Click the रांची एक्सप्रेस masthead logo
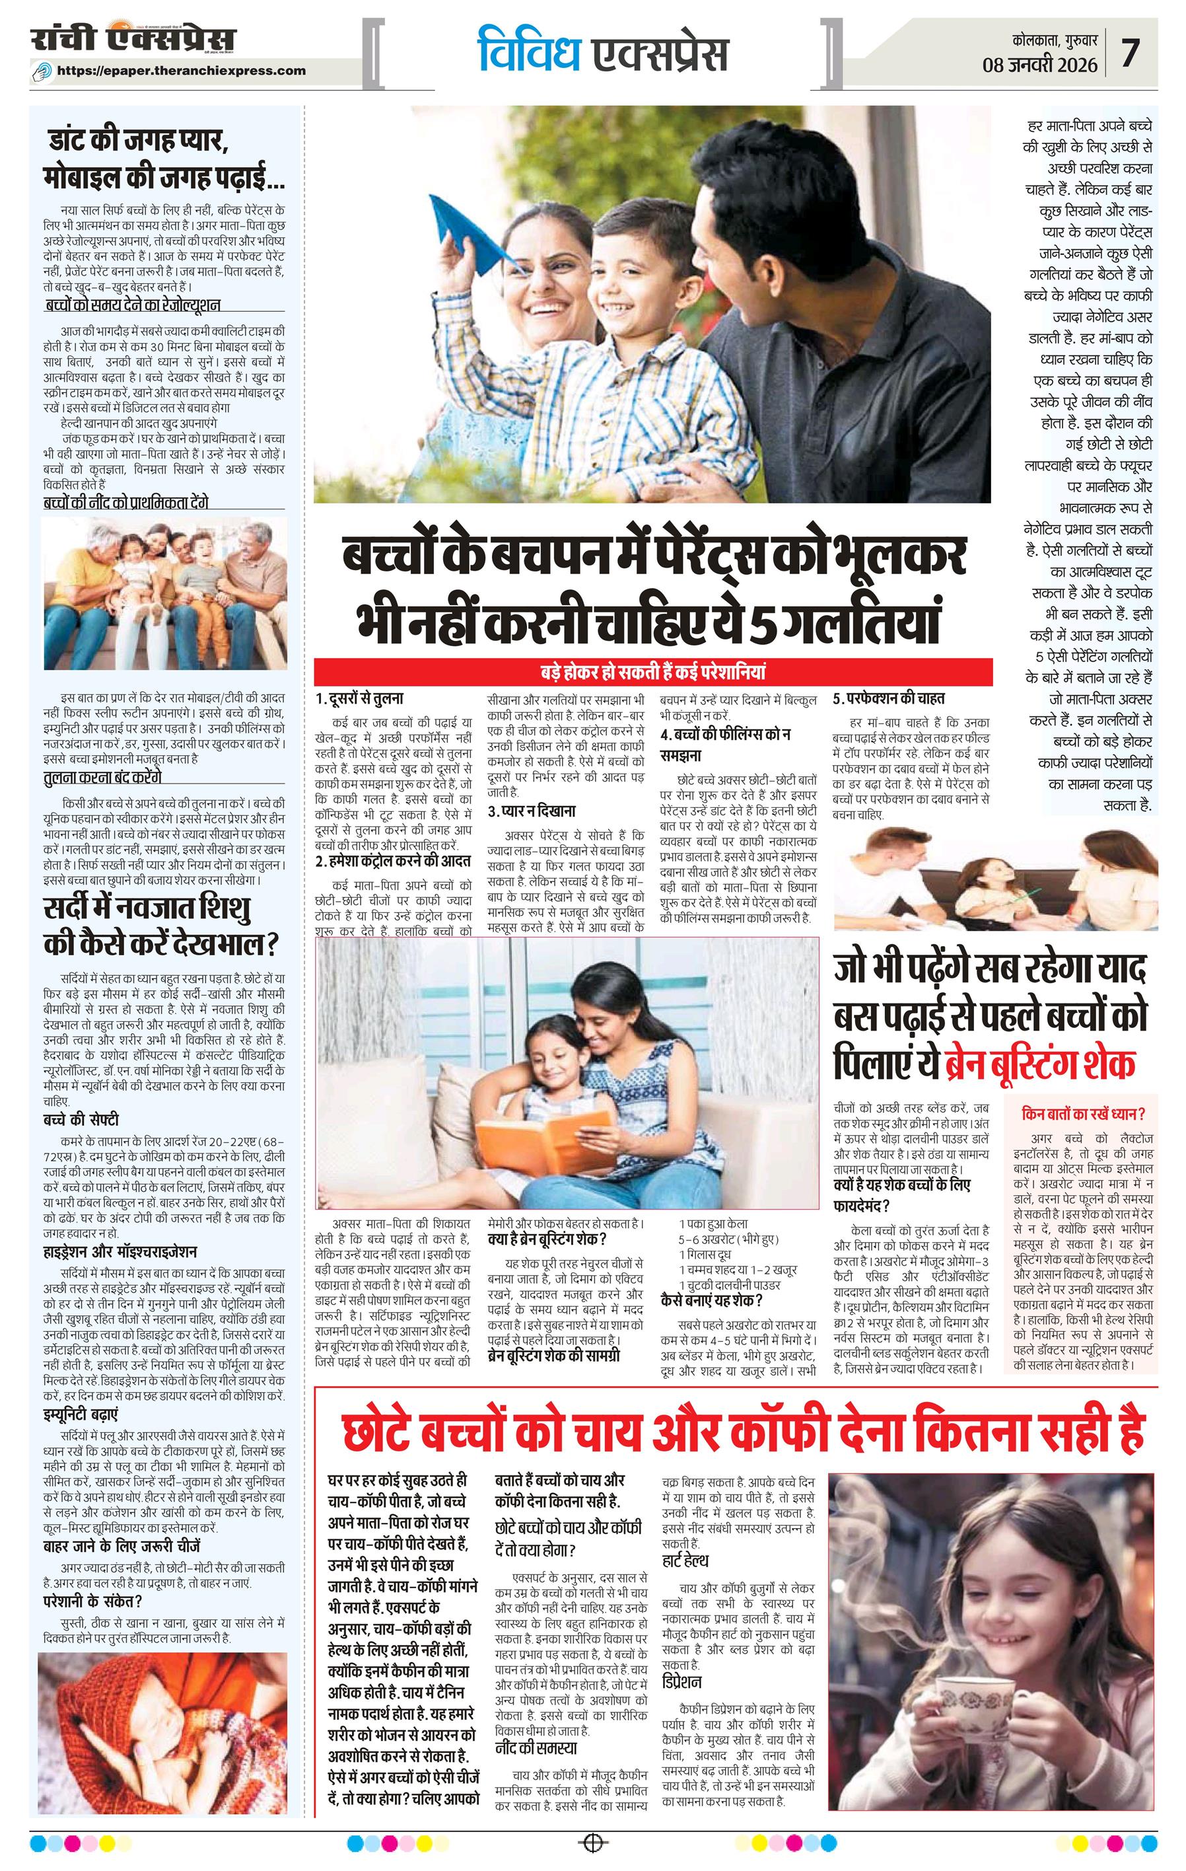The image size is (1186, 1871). coord(133,40)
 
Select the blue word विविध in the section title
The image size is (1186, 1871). coord(528,52)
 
